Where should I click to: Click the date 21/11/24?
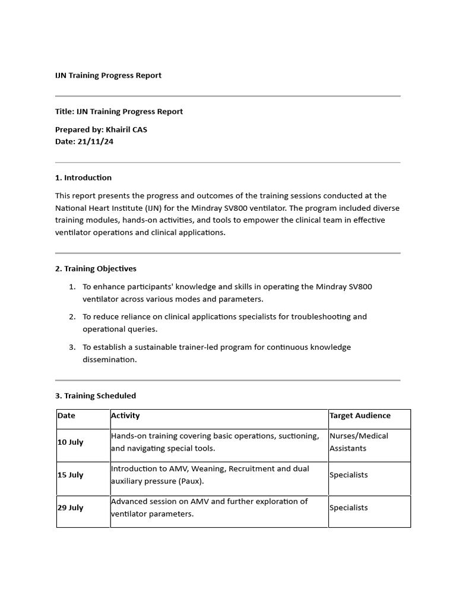(x=95, y=141)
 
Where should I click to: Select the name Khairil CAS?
(x=126, y=129)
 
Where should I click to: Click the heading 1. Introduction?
(x=83, y=178)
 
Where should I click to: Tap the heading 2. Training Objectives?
(x=96, y=268)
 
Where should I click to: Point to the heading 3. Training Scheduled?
(x=96, y=395)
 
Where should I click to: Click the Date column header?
(x=66, y=416)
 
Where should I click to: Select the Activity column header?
(x=125, y=416)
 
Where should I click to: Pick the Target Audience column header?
(x=360, y=416)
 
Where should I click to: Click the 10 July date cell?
(x=71, y=442)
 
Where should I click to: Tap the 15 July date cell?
(x=71, y=475)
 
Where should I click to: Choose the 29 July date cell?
(x=71, y=508)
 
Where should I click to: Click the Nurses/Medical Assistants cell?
(x=359, y=442)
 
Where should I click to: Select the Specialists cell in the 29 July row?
(x=349, y=508)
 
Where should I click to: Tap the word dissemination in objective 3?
(x=109, y=359)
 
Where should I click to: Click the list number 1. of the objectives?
(x=72, y=287)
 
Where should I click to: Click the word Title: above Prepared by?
(x=65, y=112)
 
